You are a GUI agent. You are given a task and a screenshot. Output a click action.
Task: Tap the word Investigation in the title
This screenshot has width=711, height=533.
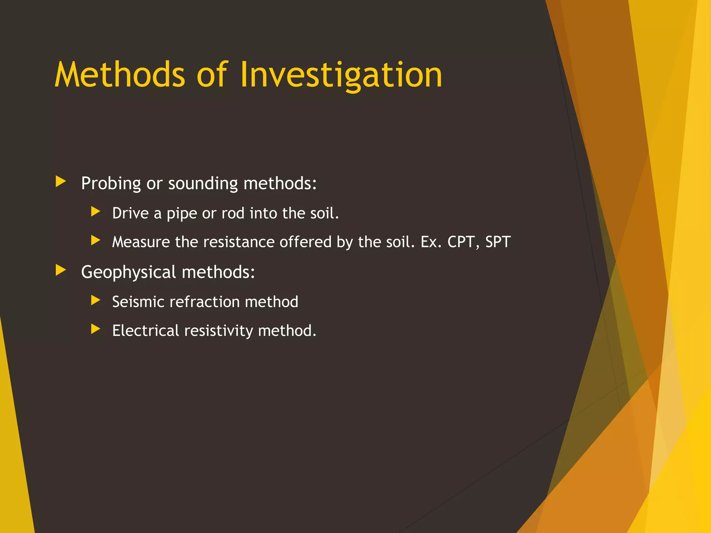(341, 75)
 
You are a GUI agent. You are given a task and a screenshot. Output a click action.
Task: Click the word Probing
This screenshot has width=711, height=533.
(111, 184)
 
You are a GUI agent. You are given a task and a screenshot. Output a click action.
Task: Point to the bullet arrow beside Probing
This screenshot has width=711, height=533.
(61, 181)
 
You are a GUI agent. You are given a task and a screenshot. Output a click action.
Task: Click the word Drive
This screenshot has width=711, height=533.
(130, 213)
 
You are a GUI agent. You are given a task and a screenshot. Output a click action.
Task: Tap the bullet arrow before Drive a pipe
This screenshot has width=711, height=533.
(95, 211)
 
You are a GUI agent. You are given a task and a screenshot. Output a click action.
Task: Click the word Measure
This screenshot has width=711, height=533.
(141, 242)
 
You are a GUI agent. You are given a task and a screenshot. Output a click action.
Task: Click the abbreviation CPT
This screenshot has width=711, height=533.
(461, 242)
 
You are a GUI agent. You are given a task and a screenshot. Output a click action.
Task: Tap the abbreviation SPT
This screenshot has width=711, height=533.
(498, 242)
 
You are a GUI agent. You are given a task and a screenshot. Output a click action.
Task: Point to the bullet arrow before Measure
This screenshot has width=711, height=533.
(95, 240)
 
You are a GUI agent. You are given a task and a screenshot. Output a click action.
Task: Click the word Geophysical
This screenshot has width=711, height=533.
(128, 272)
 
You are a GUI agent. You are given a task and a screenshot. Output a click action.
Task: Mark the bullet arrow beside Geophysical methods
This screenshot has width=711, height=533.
(61, 270)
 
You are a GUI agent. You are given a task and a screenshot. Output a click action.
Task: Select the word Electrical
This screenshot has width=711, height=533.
(145, 330)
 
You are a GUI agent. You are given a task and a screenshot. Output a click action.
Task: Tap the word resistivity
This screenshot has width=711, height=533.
(218, 331)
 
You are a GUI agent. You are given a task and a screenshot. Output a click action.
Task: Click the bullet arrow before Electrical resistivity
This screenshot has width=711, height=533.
(95, 329)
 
